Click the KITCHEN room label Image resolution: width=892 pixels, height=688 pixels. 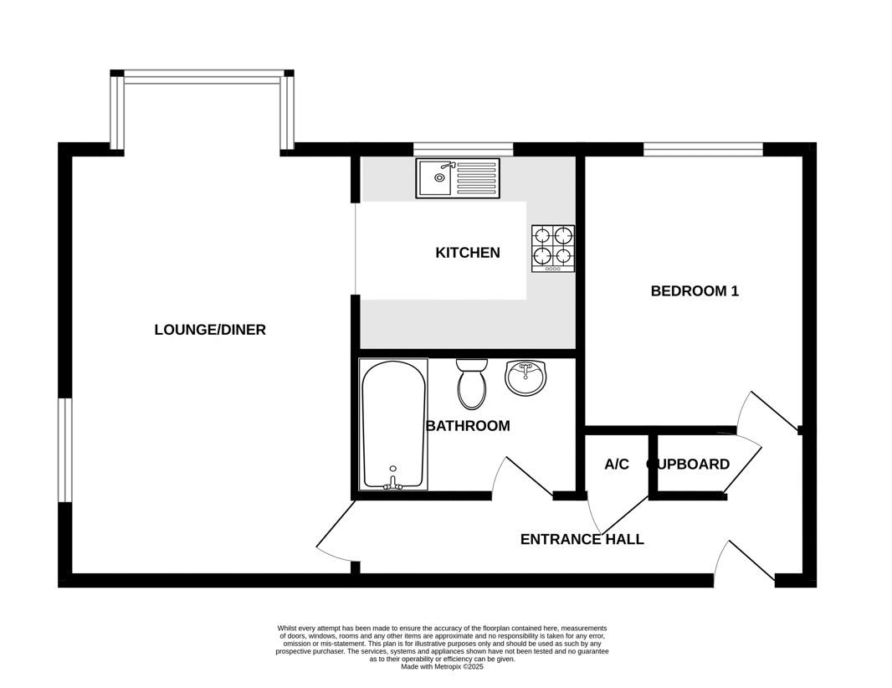[468, 253]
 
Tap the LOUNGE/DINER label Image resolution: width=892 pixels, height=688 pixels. [210, 330]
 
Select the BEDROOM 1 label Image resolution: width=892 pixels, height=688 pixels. [695, 291]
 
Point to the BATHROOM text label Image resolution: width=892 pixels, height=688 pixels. [469, 426]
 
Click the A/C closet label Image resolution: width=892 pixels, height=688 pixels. [617, 465]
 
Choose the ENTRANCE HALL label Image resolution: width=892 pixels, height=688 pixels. [582, 540]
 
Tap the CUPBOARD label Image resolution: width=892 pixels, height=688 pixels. [689, 465]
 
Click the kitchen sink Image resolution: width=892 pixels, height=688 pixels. [458, 178]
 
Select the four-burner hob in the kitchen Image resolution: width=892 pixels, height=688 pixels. [553, 249]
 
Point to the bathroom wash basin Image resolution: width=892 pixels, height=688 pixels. [525, 377]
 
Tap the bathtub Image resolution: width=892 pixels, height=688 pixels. [393, 424]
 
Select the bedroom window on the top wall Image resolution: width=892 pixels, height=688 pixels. [703, 149]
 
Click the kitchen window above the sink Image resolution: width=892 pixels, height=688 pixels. [463, 149]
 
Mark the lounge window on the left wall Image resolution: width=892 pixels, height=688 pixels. [65, 450]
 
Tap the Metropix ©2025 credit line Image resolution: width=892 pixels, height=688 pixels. [442, 667]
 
